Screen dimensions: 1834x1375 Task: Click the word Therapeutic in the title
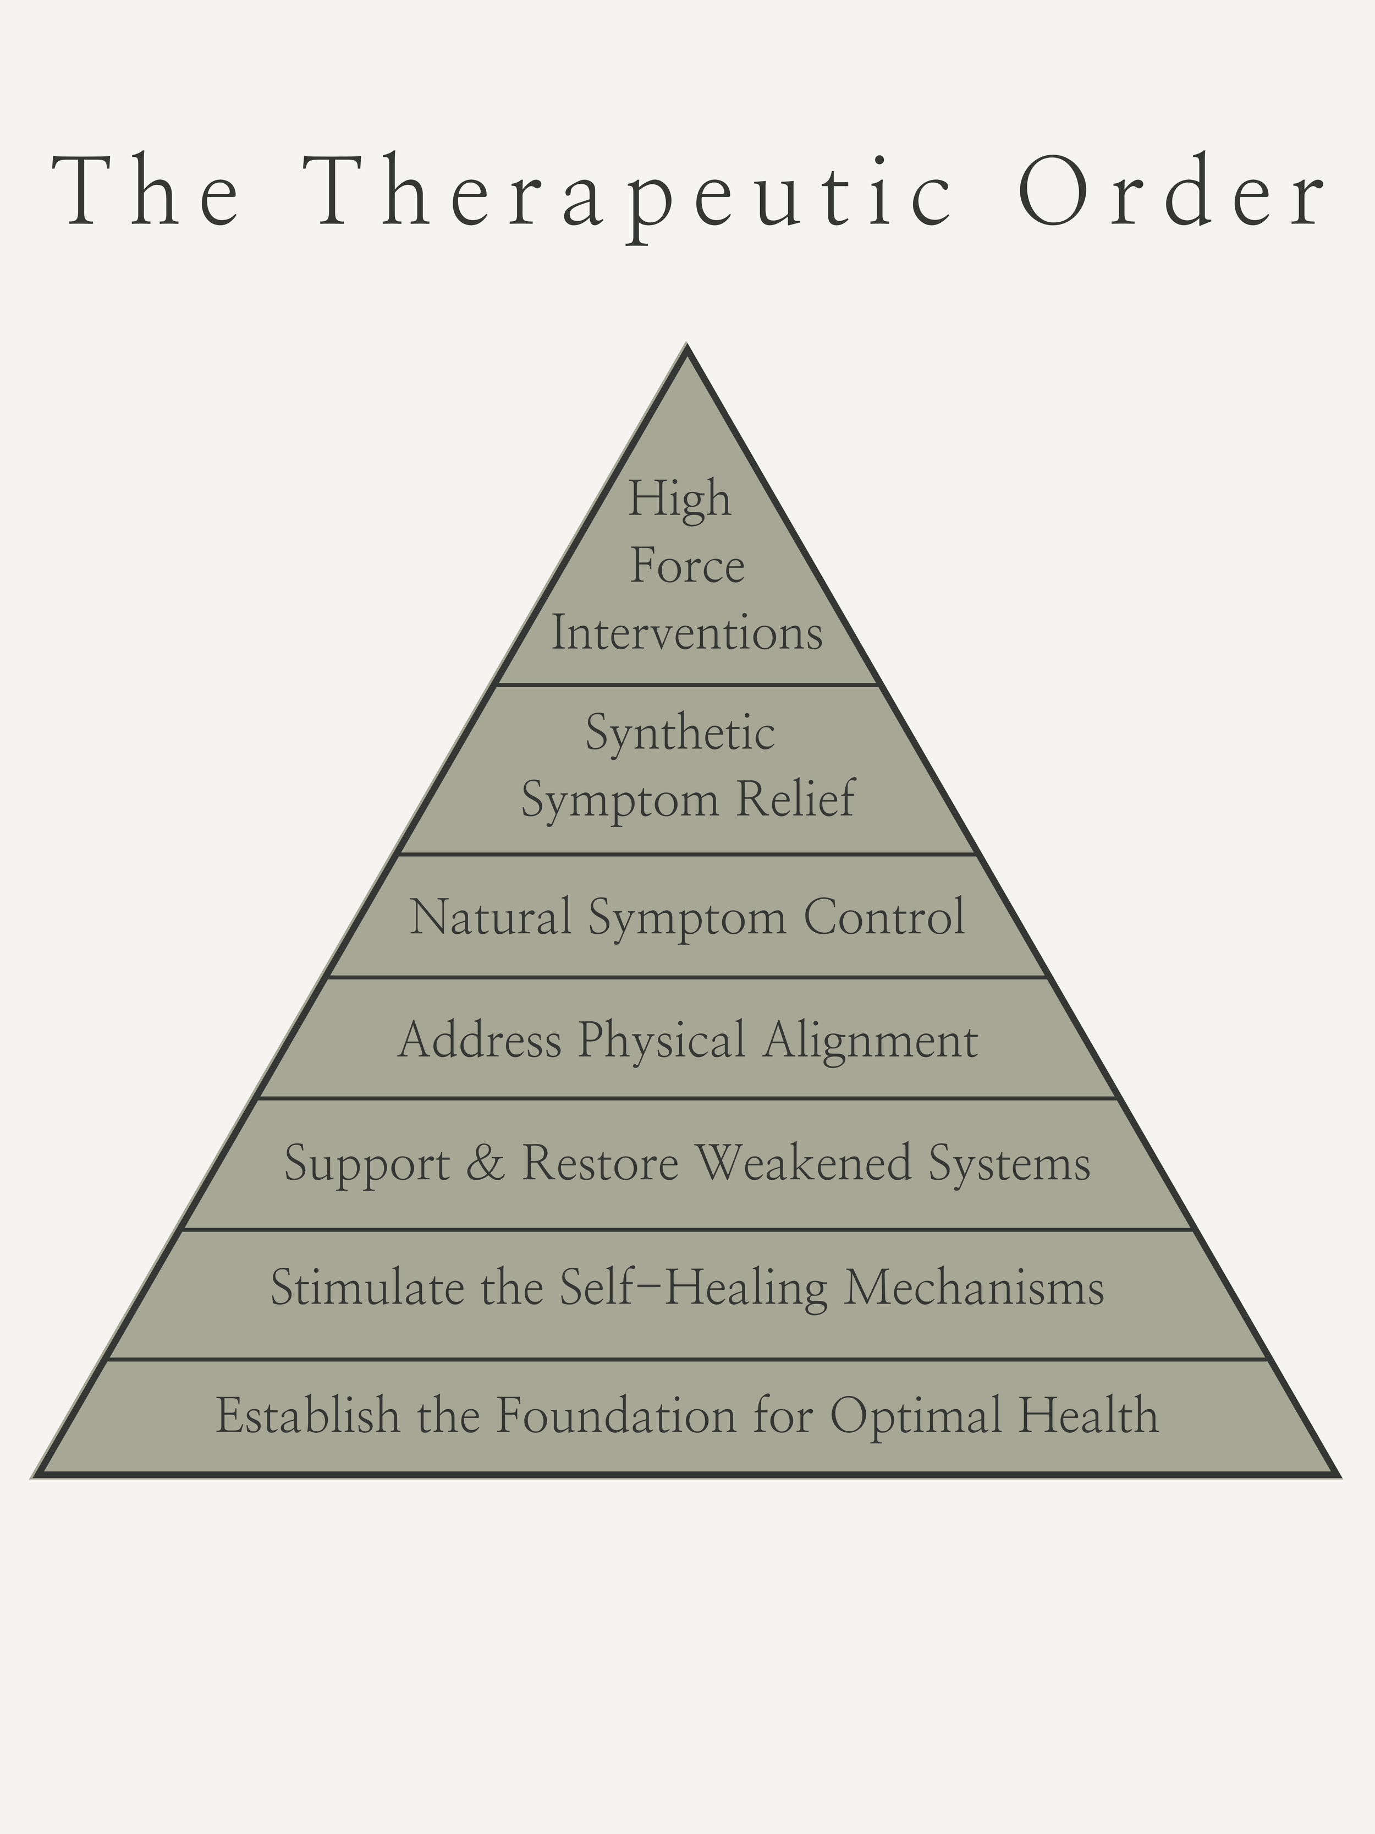pyautogui.click(x=630, y=193)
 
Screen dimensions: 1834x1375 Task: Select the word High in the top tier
pyautogui.click(x=680, y=499)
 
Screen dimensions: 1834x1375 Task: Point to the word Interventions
pyautogui.click(x=687, y=633)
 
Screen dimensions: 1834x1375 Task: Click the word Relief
pyautogui.click(x=796, y=800)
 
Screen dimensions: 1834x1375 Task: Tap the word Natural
pyautogui.click(x=491, y=917)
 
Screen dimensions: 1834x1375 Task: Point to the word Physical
pyautogui.click(x=662, y=1042)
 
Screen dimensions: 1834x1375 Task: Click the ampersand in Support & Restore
pyautogui.click(x=485, y=1163)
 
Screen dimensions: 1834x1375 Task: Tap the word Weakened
pyautogui.click(x=803, y=1163)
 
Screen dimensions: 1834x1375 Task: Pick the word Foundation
pyautogui.click(x=616, y=1415)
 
